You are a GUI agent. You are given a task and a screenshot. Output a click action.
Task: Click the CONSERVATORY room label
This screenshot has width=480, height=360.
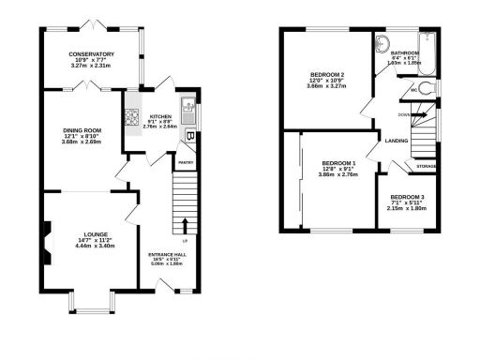pos(91,54)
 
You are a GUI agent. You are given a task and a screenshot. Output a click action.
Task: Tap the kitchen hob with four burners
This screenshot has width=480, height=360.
pos(130,118)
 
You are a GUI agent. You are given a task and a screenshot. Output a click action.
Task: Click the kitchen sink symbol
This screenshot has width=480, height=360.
pos(188,106)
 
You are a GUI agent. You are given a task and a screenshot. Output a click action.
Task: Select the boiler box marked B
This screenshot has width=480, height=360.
pos(190,137)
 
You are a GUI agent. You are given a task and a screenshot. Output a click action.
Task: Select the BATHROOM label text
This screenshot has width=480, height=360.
pos(406,52)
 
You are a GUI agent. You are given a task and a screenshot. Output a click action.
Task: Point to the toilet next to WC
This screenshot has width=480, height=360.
pos(427,88)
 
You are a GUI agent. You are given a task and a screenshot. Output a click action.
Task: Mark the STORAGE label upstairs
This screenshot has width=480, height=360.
pos(427,166)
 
